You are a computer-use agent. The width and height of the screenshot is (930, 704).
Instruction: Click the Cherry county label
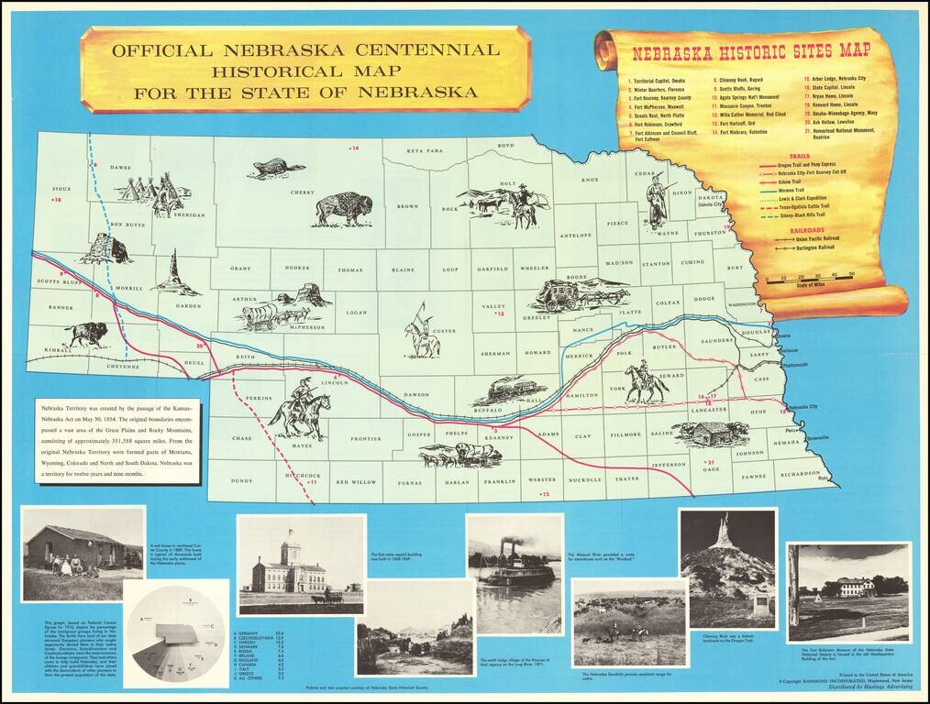coord(303,192)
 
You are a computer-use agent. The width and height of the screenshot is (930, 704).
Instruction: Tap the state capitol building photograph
coord(295,565)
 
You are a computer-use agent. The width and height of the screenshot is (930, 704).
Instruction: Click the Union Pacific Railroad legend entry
coord(807,238)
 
